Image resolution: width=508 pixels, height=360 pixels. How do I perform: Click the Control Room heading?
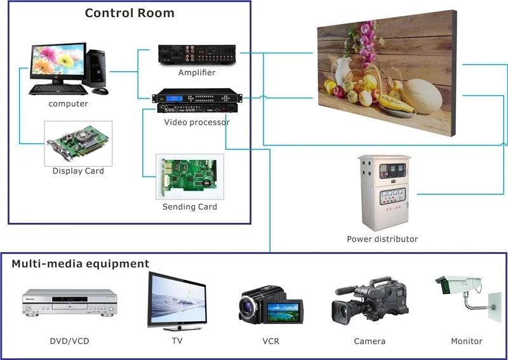[130, 13]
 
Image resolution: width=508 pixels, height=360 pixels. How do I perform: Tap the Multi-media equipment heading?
[80, 263]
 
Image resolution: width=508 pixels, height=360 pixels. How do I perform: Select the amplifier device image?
[197, 55]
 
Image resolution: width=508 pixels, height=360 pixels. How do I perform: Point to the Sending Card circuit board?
[189, 177]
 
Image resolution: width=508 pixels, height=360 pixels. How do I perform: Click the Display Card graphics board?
[78, 143]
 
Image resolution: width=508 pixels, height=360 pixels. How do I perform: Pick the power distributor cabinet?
[384, 192]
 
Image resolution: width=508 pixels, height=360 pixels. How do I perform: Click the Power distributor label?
[382, 239]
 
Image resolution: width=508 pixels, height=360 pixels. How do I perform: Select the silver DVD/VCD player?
[70, 303]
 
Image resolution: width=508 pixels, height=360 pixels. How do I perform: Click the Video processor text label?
[197, 122]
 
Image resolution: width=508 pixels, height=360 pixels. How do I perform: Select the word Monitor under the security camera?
[466, 341]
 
